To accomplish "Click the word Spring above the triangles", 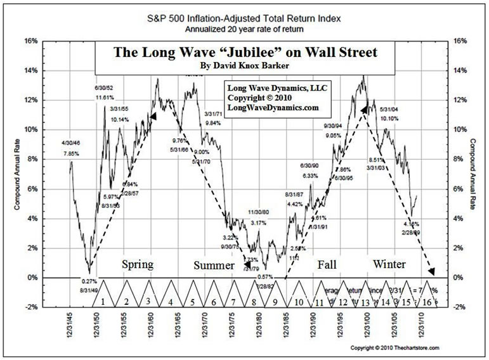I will pos(136,264).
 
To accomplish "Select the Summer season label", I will pos(214,265).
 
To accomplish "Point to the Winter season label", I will pos(389,263).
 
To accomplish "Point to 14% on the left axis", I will pos(48,70).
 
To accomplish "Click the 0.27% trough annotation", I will pos(89,281).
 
